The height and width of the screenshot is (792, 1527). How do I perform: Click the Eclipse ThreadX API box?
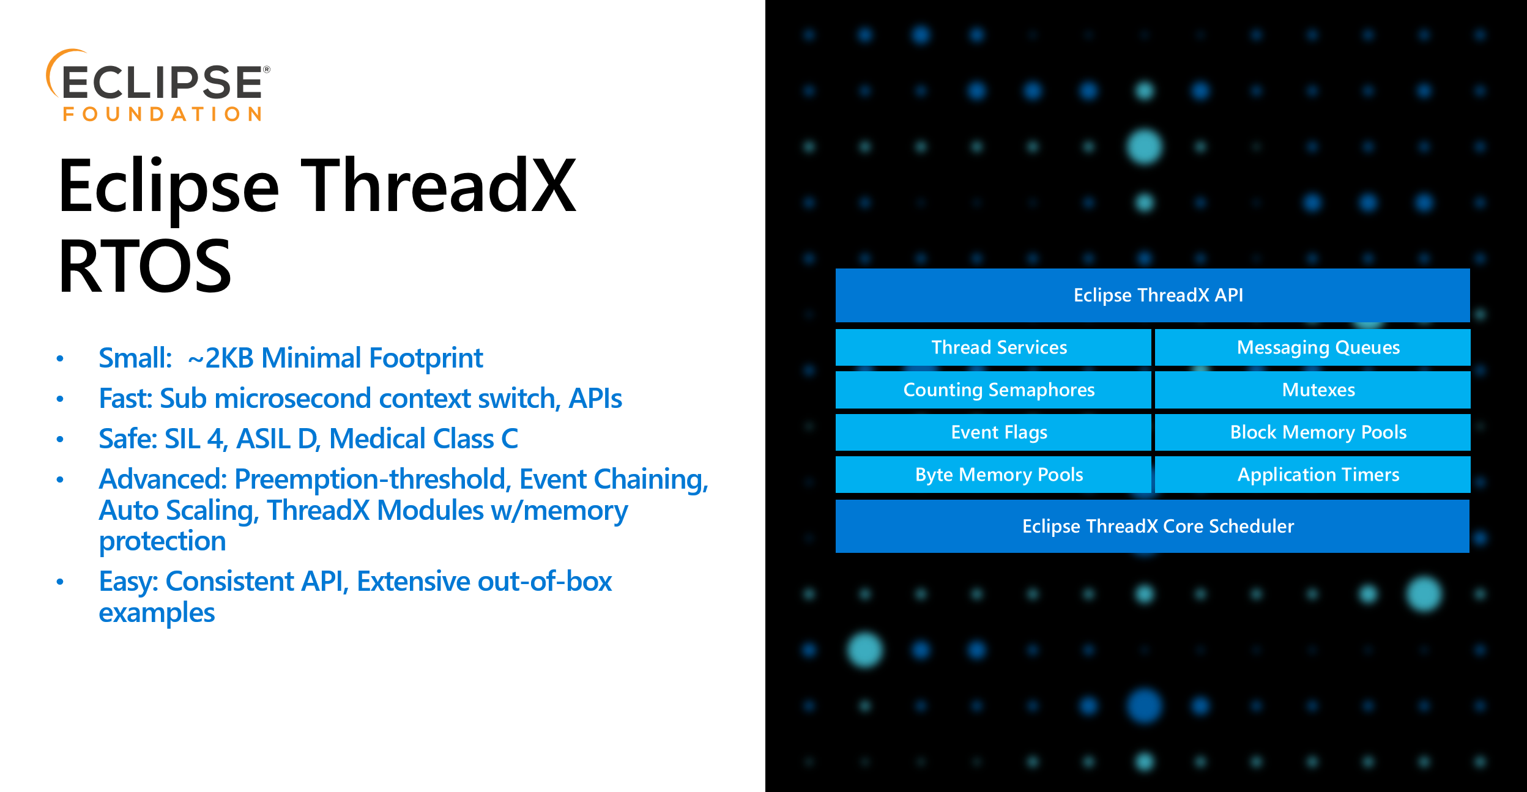coord(1153,295)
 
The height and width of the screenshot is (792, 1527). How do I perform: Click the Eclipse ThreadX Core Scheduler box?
coord(1153,526)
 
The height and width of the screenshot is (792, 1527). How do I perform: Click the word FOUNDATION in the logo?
coord(163,114)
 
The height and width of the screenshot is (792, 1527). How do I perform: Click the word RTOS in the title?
coord(144,267)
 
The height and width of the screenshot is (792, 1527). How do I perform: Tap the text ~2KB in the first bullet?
coord(221,358)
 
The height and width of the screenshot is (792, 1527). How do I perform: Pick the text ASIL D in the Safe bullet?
coord(277,439)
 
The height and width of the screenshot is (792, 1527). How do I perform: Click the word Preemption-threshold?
coord(373,479)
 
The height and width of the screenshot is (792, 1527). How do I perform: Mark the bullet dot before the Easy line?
coord(60,582)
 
